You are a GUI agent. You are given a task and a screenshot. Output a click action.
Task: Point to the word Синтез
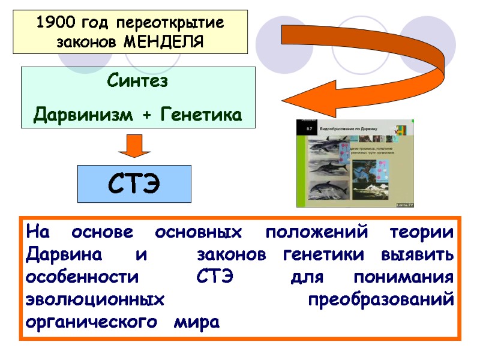pyautogui.click(x=137, y=81)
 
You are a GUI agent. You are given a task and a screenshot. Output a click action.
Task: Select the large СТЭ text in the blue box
pyautogui.click(x=135, y=183)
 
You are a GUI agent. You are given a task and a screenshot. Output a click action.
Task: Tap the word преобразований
pyautogui.click(x=380, y=301)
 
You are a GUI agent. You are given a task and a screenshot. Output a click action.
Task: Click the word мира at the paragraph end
pyautogui.click(x=196, y=323)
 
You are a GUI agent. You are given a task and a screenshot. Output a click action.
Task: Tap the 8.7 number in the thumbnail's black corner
pyautogui.click(x=310, y=128)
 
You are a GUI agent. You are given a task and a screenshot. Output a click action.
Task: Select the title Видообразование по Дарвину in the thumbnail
pyautogui.click(x=353, y=129)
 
